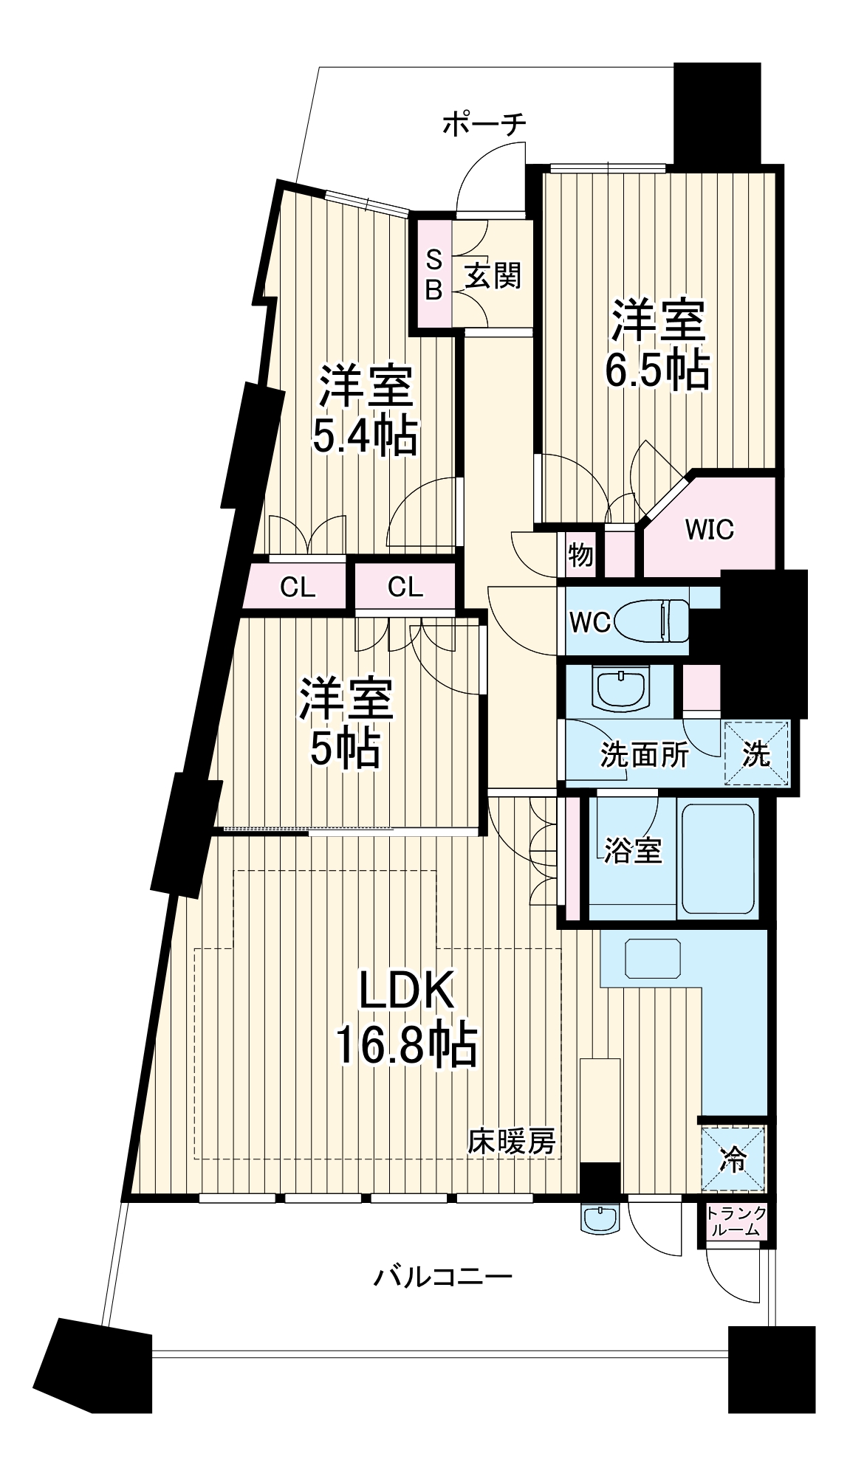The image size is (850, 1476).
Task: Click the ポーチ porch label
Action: point(484,124)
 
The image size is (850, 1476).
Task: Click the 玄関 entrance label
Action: point(493,275)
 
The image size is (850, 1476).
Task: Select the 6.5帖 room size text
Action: point(657,370)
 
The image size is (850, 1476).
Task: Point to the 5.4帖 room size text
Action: point(364,436)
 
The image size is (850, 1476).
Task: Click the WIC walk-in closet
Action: point(708,528)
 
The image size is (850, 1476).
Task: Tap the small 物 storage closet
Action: point(580,553)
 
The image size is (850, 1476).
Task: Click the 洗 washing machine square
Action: point(755,753)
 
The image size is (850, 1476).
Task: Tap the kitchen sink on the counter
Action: point(652,958)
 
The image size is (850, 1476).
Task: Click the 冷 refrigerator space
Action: point(733,1159)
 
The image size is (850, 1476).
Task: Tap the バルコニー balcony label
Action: point(441,1276)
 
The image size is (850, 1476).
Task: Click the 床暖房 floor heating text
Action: point(511,1143)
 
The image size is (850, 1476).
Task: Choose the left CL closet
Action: point(298,587)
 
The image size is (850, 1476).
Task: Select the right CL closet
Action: point(405,587)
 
